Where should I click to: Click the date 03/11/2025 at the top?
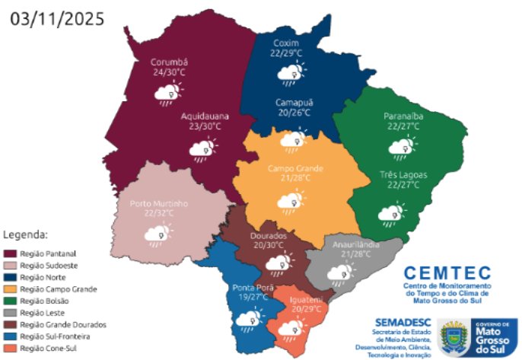pos(58,18)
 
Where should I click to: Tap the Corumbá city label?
pos(169,63)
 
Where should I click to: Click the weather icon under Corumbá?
pos(168,94)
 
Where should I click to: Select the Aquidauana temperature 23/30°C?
pos(205,127)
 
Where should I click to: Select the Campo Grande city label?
pos(295,167)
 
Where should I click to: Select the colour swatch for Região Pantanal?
pos(11,253)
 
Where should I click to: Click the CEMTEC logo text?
pos(444,272)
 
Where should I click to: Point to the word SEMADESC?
pos(401,323)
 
